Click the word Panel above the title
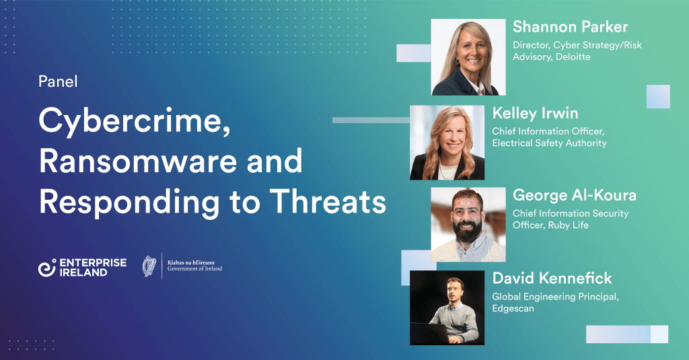[58, 81]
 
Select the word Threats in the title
[328, 201]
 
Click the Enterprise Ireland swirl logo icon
[47, 268]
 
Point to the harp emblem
[149, 266]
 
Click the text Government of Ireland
[194, 268]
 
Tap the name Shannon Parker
[570, 27]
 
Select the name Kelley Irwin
[535, 114]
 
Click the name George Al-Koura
[575, 195]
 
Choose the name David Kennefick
[552, 278]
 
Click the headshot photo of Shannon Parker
[468, 57]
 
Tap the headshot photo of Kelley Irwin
[447, 143]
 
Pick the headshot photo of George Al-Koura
[468, 225]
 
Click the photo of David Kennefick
[447, 308]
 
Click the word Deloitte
[573, 57]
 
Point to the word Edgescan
[513, 309]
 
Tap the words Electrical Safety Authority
[549, 143]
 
